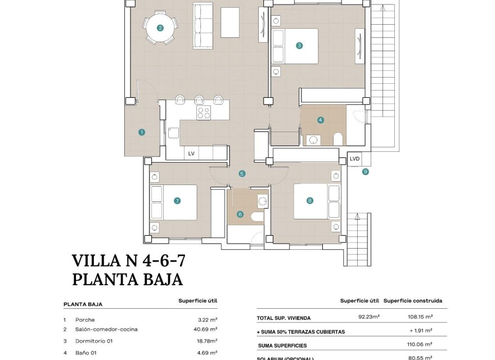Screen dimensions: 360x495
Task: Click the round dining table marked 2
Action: pos(160,28)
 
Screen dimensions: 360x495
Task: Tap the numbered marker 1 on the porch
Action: pos(142,132)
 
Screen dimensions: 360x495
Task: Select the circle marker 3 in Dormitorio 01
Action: pos(299,46)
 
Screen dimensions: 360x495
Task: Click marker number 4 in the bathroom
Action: pos(321,120)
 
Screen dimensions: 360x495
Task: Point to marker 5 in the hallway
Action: pos(242,174)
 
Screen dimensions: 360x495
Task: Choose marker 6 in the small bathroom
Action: pos(240,214)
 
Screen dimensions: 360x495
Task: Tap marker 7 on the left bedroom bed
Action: pos(177,200)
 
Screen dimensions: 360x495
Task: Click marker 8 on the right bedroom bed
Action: pos(309,200)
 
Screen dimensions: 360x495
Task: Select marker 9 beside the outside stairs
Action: pos(366,172)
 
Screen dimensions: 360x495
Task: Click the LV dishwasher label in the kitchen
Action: pos(191,153)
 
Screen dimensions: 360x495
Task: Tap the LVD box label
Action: pos(354,159)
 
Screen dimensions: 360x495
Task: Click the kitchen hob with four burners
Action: pos(203,112)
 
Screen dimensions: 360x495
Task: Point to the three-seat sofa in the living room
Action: pos(204,25)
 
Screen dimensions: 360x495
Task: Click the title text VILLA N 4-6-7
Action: pos(129,260)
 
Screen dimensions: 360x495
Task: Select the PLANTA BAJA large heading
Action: pos(128,279)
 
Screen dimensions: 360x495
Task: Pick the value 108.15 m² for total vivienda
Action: pos(421,318)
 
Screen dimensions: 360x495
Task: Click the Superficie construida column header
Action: pos(413,301)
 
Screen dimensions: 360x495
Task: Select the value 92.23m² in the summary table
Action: pos(369,317)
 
